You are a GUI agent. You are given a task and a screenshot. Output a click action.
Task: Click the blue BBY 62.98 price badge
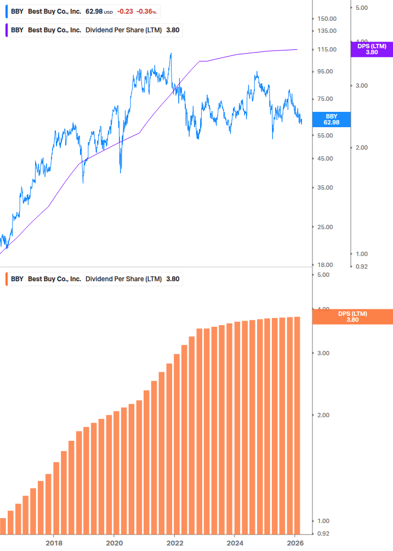(331, 120)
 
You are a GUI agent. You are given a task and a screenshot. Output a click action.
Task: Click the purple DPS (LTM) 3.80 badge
(372, 49)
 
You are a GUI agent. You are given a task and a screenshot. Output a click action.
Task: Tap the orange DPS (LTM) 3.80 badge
(352, 317)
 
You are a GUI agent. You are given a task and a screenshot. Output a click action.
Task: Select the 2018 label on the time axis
(53, 543)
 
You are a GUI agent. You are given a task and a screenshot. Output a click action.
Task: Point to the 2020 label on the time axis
(113, 543)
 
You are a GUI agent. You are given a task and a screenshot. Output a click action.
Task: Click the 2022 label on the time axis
(174, 543)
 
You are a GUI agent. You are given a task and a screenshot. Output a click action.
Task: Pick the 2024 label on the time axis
(234, 543)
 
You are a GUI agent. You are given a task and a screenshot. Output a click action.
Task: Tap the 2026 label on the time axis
(294, 543)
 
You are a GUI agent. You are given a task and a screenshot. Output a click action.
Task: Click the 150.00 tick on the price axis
(327, 19)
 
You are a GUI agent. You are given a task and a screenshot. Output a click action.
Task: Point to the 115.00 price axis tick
(327, 50)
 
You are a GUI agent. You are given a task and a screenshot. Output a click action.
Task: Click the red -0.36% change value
(146, 12)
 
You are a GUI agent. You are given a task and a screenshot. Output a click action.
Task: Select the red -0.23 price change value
(126, 12)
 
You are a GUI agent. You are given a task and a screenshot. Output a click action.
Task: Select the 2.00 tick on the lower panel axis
(324, 415)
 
